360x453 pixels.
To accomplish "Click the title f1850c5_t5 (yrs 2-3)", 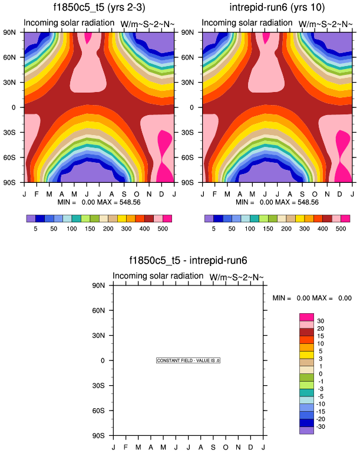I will tap(98, 8).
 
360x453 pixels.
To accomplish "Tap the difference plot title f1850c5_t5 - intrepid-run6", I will tap(188, 260).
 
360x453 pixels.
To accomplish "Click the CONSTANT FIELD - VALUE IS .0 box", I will tap(189, 360).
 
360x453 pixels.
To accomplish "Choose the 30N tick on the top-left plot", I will tap(15, 83).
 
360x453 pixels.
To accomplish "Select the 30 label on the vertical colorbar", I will tap(321, 321).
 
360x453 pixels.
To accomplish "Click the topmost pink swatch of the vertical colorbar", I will tap(307, 317).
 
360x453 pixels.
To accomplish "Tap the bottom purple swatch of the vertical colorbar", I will tap(307, 430).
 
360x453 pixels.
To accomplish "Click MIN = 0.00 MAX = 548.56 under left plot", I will tap(99, 202).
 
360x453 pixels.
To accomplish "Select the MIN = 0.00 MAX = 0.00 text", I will tap(312, 298).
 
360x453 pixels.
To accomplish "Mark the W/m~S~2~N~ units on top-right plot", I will tap(325, 24).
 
